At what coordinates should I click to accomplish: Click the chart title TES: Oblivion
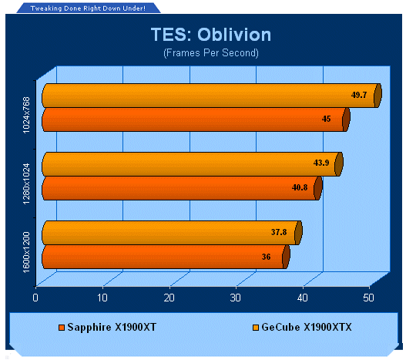[211, 35]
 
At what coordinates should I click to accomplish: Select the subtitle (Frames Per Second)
[211, 53]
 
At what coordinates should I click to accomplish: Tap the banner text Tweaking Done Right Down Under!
[88, 8]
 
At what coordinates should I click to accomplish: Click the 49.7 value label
[359, 95]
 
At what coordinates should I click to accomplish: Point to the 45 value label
[326, 119]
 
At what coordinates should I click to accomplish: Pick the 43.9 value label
[321, 163]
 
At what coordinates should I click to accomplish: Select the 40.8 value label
[300, 187]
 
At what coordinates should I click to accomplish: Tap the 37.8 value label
[279, 232]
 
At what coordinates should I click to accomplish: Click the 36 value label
[267, 257]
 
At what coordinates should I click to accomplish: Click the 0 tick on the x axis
[35, 298]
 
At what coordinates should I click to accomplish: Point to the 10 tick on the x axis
[102, 298]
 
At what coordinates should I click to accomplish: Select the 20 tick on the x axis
[169, 298]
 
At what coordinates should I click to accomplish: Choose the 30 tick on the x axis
[236, 298]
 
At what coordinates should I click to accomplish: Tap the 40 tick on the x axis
[303, 298]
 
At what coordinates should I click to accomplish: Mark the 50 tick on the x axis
[368, 298]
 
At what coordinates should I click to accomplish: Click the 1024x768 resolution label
[26, 115]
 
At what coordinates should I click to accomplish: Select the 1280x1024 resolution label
[26, 183]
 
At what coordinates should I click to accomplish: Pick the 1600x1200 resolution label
[26, 252]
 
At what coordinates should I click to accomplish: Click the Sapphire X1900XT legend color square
[62, 328]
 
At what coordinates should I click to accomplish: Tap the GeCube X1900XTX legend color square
[256, 328]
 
